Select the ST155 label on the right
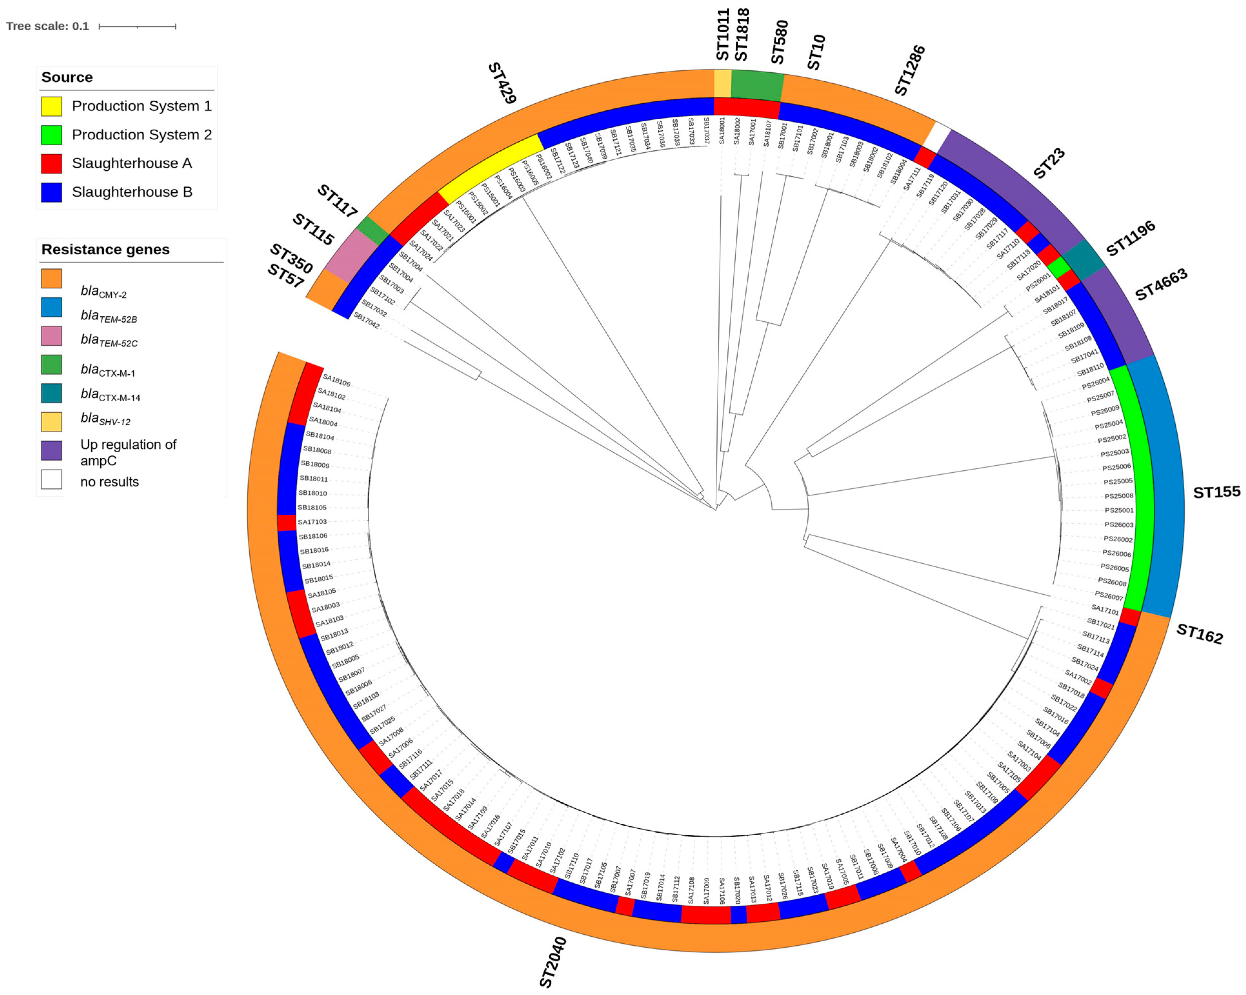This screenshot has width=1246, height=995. [1217, 492]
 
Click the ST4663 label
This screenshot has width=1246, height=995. [1161, 285]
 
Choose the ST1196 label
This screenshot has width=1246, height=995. [1131, 239]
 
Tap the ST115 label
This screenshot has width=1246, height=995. [313, 229]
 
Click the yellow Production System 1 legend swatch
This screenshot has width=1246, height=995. [51, 106]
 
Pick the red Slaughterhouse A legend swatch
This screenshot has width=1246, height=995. [51, 164]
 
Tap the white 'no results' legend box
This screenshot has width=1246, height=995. [51, 479]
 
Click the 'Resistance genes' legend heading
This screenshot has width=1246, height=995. [105, 250]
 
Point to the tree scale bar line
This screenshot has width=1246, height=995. [137, 26]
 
